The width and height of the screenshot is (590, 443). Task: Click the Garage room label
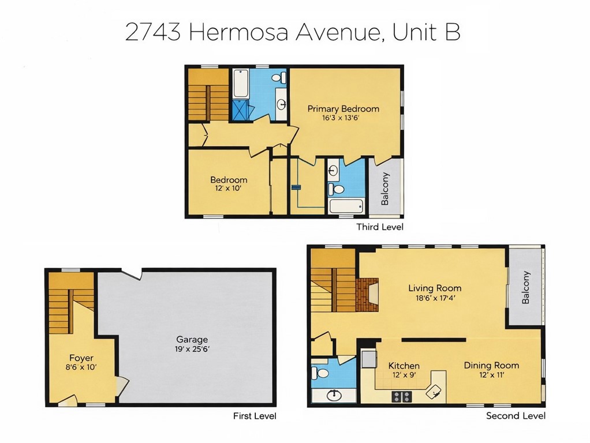192,340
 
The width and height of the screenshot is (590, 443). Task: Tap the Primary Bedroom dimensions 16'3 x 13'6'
343,118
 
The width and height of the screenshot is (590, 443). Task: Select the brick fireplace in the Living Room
367,294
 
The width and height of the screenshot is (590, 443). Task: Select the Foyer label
81,358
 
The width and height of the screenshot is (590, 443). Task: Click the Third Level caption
379,227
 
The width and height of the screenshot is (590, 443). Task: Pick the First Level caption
255,415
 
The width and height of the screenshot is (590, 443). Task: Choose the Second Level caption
516,415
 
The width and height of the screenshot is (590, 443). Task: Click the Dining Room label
491,365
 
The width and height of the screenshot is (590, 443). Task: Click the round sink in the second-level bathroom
334,396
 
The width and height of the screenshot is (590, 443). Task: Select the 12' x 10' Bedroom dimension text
228,189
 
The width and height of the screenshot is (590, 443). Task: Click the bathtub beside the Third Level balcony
346,206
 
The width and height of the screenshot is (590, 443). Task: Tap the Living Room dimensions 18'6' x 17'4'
434,298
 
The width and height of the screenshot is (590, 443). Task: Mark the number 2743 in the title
154,32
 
